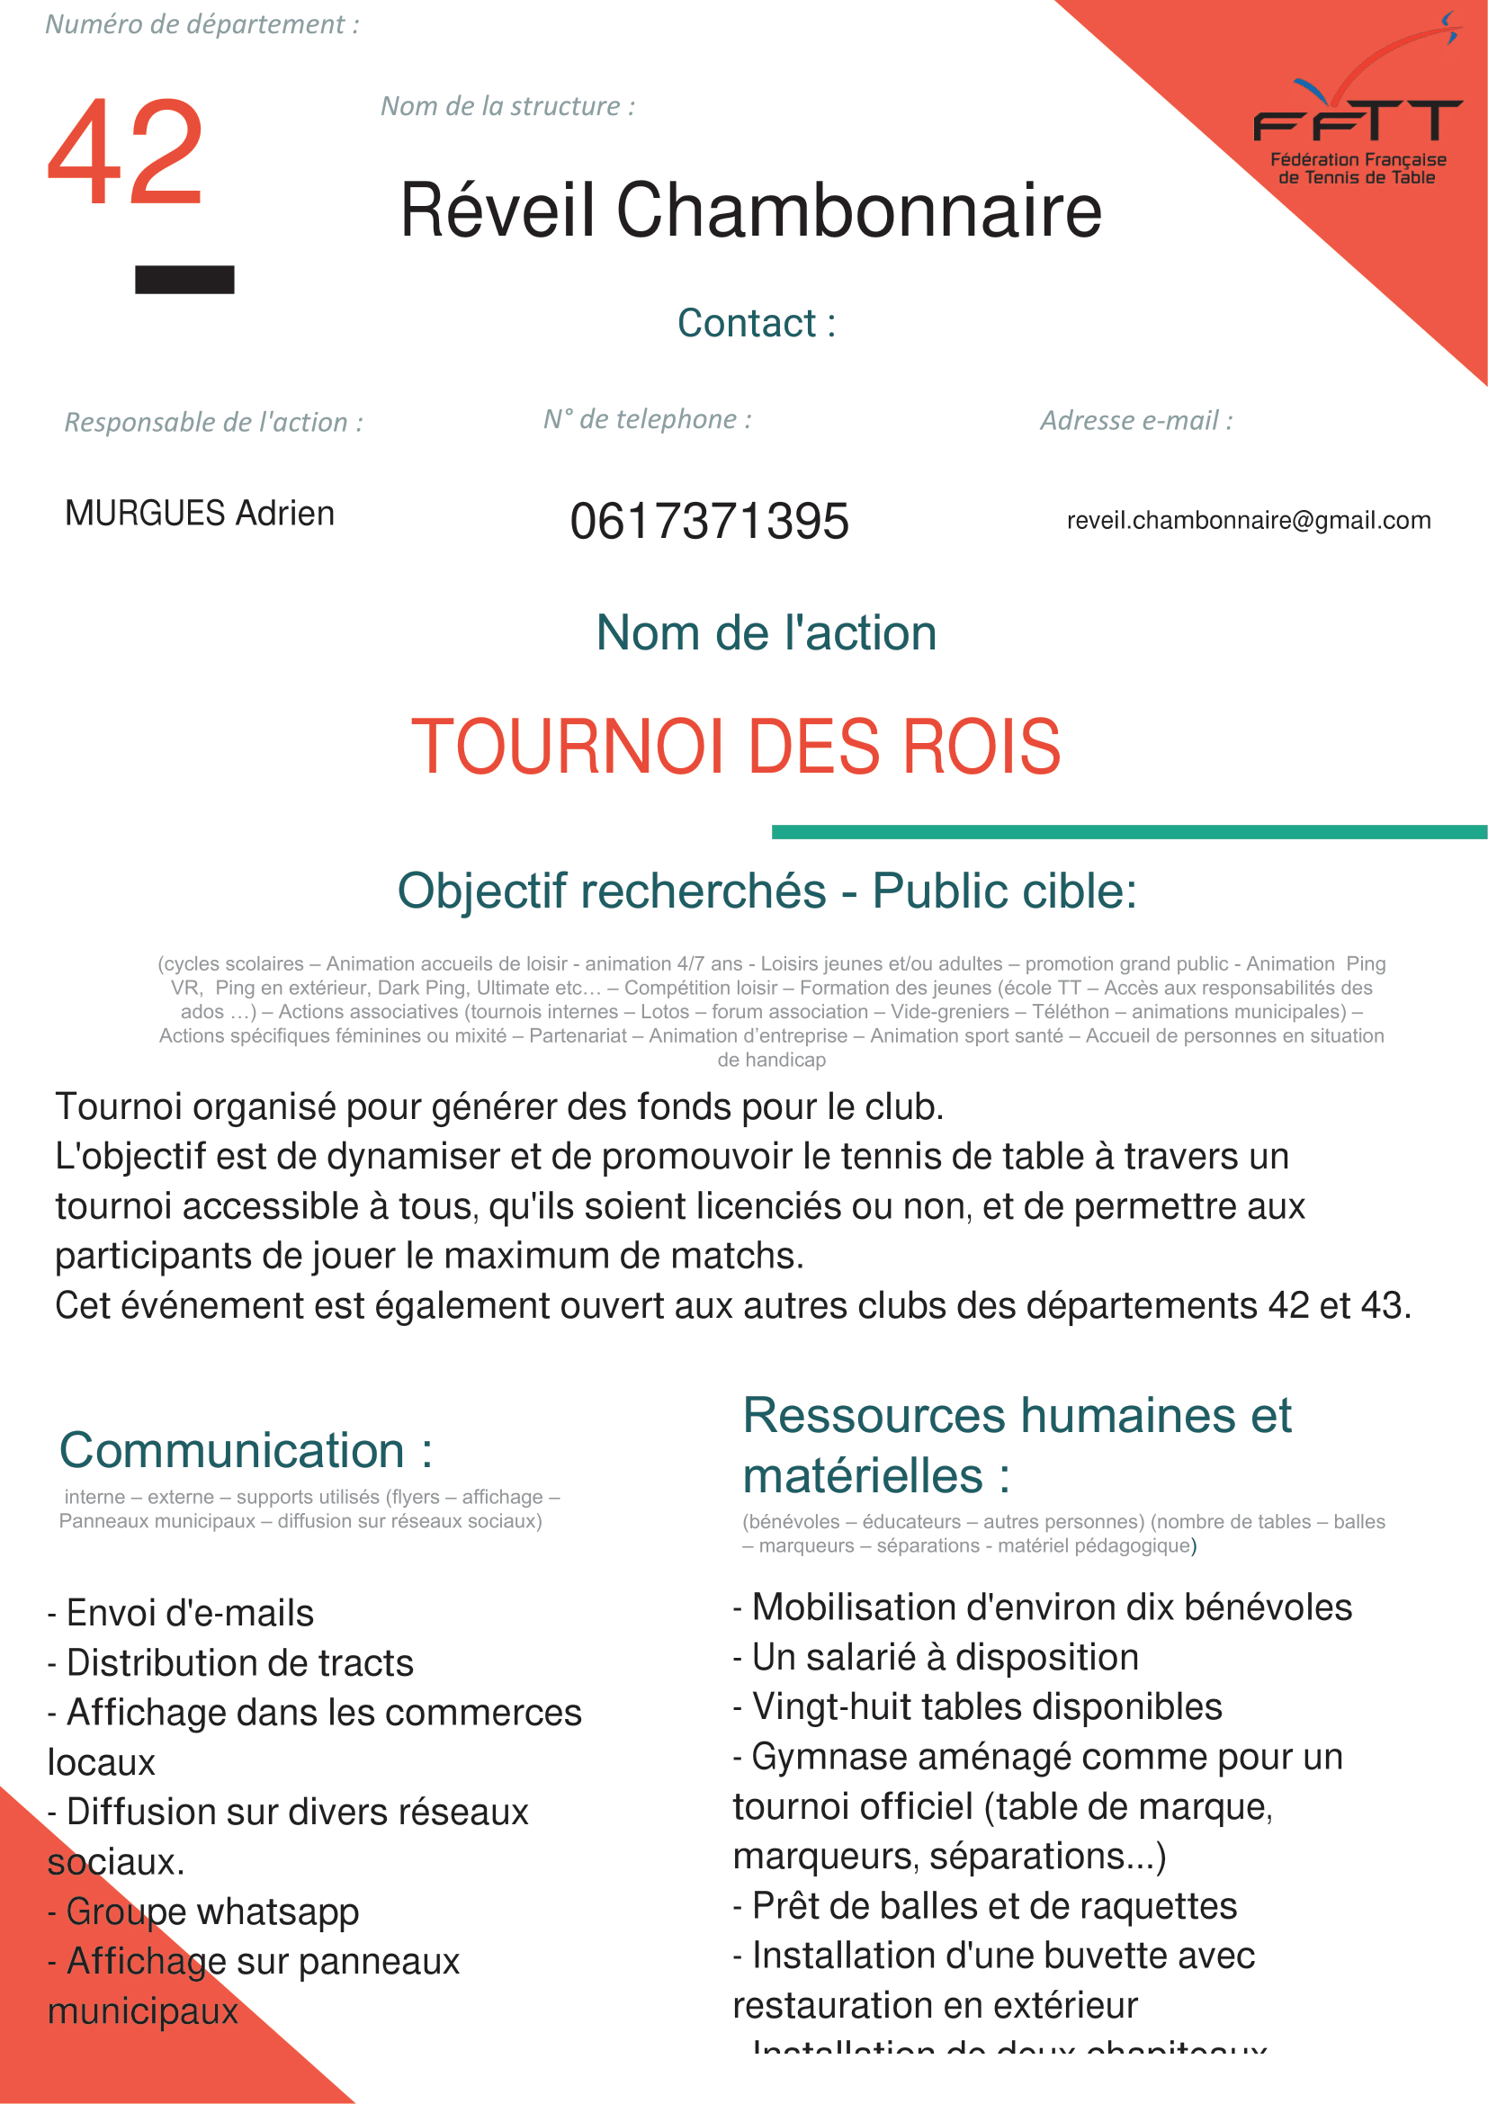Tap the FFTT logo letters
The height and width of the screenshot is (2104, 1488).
1357,121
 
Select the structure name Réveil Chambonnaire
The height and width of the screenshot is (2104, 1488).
750,210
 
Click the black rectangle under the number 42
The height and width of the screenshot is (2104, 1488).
184,280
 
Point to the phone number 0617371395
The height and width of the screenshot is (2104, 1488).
709,522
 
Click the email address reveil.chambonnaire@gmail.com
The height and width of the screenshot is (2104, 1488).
1248,521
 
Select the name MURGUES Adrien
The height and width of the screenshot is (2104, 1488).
200,513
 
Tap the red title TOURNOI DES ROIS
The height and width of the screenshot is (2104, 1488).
736,747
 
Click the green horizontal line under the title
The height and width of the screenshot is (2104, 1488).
1129,832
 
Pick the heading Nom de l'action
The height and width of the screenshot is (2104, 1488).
766,633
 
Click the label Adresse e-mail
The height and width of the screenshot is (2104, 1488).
1136,421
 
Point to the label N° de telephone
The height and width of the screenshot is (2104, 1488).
647,420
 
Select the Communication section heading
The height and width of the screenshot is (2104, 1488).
246,1451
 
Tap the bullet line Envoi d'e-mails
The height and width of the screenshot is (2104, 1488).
181,1613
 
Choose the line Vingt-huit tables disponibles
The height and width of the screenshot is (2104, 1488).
978,1707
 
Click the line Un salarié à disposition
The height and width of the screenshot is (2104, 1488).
936,1658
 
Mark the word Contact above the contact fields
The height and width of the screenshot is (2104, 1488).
748,324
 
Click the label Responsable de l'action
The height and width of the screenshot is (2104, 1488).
213,423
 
